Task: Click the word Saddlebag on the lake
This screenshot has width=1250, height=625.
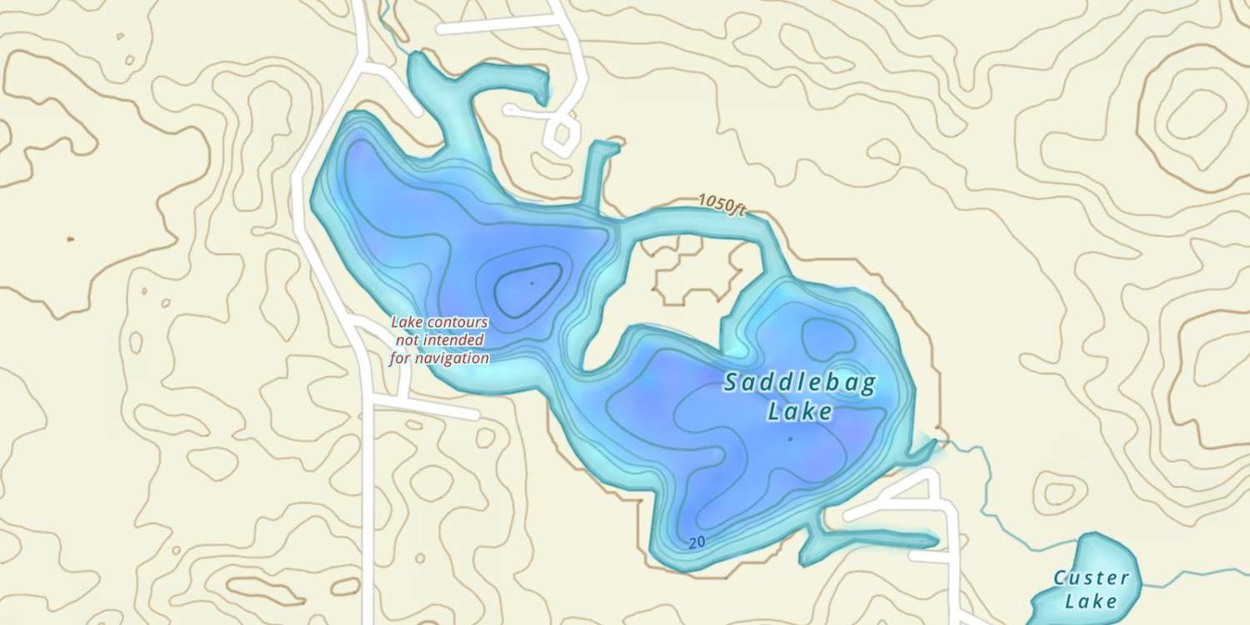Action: point(800,383)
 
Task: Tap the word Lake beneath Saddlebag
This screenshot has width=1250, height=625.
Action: point(800,412)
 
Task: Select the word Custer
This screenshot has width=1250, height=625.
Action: point(1092,577)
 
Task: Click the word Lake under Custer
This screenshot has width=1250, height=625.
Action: point(1092,601)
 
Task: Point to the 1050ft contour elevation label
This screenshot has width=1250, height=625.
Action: point(722,203)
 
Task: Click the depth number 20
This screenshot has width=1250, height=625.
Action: point(697,542)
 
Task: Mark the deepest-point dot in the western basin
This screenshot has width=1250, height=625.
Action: point(532,283)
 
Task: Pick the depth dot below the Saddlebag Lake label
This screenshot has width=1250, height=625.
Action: point(789,437)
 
